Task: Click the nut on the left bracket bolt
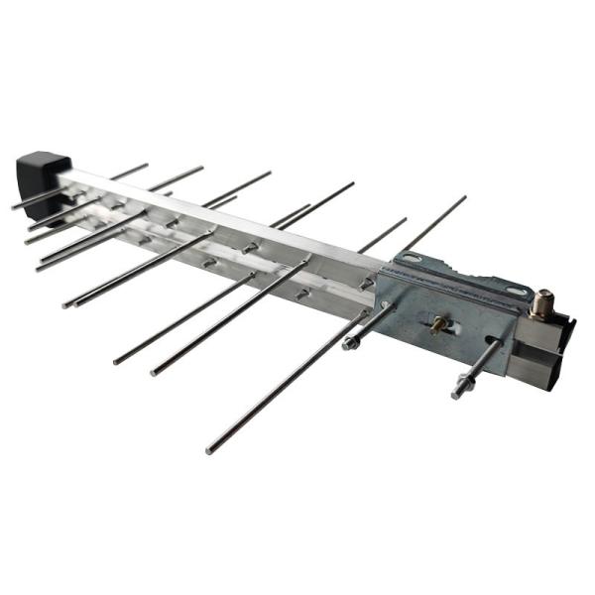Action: click(351, 343)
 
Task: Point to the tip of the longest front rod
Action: click(210, 451)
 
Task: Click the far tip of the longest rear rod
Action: click(464, 197)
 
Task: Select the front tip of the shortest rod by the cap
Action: click(14, 206)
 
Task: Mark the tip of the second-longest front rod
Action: click(154, 373)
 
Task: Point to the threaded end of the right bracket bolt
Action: click(456, 396)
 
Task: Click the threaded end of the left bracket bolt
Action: click(346, 346)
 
